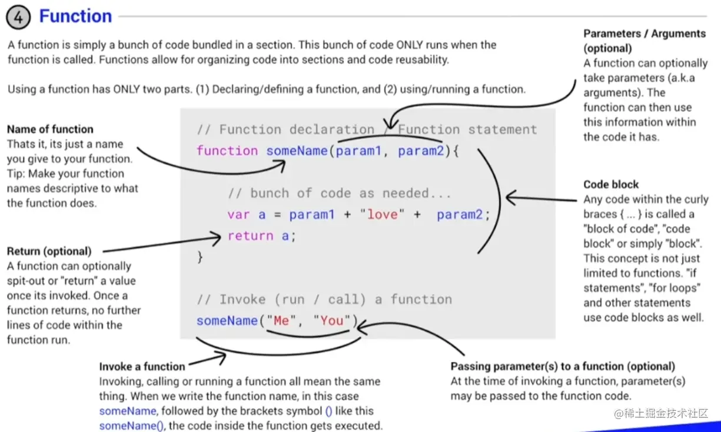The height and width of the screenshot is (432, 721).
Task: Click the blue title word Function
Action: click(x=75, y=16)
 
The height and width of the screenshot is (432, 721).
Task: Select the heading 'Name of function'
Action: click(x=50, y=129)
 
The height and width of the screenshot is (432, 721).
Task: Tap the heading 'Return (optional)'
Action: click(x=49, y=251)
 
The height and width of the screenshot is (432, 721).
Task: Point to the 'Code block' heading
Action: click(x=611, y=184)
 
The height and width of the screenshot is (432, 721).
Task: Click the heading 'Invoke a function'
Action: click(x=142, y=367)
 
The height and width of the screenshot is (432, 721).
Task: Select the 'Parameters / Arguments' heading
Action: click(x=644, y=34)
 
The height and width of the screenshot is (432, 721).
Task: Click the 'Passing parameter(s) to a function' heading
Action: click(x=563, y=366)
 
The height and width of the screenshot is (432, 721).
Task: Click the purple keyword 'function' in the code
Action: click(x=227, y=151)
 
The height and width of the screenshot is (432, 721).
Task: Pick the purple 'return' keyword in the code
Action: click(x=250, y=236)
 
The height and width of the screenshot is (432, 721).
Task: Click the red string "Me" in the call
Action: click(x=281, y=321)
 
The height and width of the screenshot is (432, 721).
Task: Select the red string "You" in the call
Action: click(x=332, y=321)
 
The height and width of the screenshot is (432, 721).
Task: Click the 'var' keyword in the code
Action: click(x=238, y=215)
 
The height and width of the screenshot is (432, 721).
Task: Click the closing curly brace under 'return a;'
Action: click(x=200, y=257)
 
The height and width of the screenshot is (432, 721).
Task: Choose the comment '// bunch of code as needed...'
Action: click(x=339, y=194)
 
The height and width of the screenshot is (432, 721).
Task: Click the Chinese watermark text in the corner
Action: click(x=665, y=414)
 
